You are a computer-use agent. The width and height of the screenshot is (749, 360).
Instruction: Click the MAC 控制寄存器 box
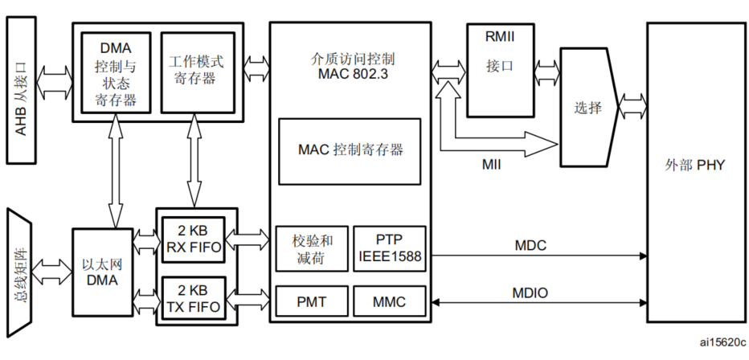coord(350,150)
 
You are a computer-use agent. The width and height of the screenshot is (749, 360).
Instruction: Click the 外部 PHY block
coord(695,166)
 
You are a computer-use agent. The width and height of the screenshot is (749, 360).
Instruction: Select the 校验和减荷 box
coord(309,247)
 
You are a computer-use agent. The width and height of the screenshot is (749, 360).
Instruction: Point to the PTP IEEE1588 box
coord(388,247)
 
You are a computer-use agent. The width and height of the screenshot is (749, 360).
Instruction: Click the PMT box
coord(309,302)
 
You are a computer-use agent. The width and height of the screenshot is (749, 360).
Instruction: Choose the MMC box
coord(388,302)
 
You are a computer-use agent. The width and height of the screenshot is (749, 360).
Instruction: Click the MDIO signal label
coord(530,292)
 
